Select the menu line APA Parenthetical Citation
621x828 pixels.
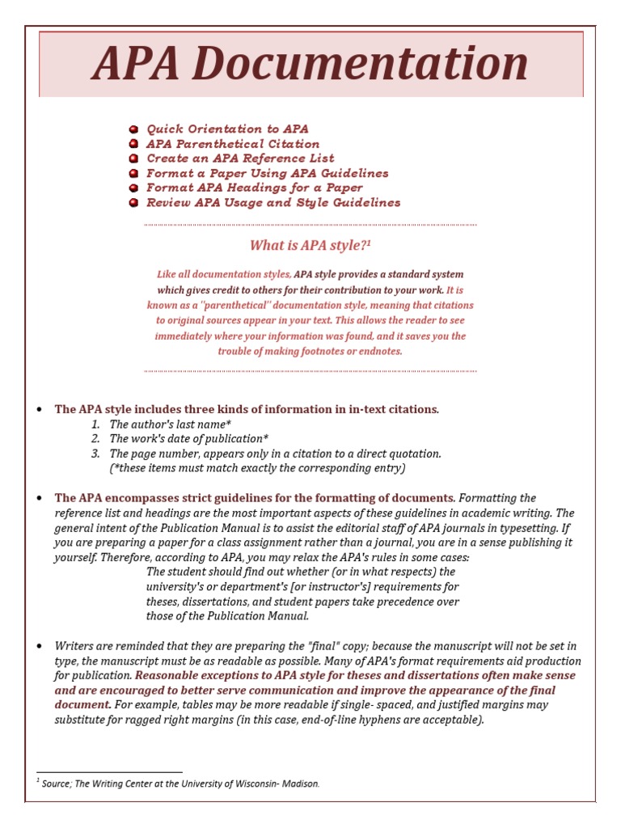233,144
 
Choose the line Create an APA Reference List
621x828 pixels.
240,158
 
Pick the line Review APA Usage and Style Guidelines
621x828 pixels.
273,203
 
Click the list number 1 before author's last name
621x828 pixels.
95,425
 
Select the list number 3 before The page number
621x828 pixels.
95,454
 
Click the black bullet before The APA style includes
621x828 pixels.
39,410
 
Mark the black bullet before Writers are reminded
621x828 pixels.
39,647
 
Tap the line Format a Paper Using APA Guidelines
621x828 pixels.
268,174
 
